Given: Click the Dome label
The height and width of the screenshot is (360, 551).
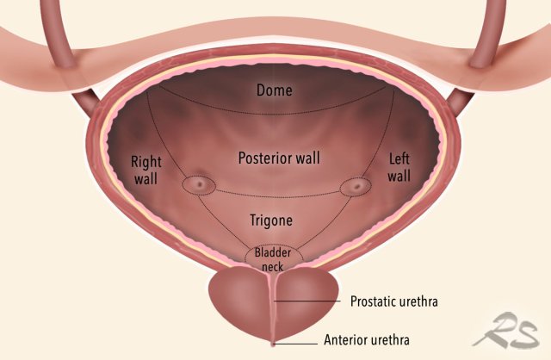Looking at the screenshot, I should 275,89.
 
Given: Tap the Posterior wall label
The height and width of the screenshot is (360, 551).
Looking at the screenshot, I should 275,158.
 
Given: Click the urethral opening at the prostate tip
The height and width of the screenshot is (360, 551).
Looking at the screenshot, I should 274,344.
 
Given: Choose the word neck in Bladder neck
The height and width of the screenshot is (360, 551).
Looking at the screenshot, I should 274,267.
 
